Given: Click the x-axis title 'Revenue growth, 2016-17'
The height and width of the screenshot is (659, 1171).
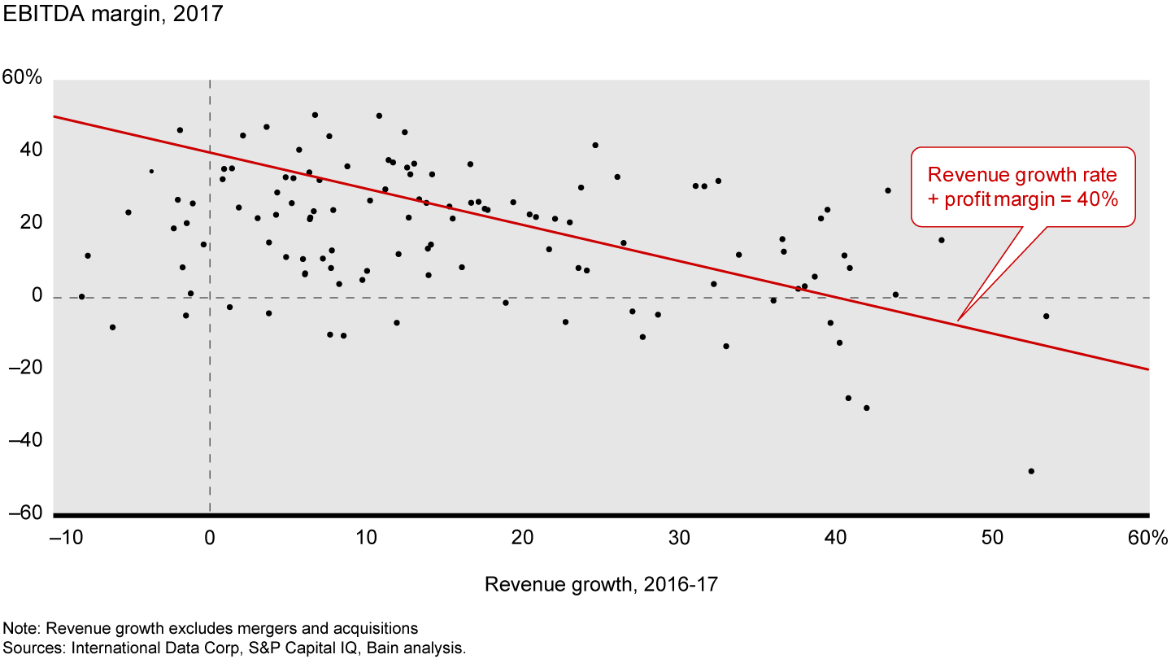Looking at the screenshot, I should [601, 584].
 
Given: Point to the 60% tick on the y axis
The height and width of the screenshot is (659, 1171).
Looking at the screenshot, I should [22, 79].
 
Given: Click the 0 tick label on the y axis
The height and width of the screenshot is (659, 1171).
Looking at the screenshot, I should [36, 296].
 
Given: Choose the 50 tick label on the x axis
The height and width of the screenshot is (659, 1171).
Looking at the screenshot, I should [992, 538].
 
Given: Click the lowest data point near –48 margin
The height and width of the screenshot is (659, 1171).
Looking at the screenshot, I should [1031, 471].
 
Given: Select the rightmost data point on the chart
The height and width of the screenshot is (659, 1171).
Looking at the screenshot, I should [1046, 316].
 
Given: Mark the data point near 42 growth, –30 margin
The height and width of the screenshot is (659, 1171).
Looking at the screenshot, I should [866, 408].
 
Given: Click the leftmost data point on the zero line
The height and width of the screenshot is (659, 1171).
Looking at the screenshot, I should [81, 296].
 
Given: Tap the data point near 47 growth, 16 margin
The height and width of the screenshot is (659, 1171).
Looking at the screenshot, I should [941, 240].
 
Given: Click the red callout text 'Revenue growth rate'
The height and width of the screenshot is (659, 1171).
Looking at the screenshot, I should [1022, 175].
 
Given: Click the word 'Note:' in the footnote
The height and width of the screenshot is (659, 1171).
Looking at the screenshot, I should [20, 629].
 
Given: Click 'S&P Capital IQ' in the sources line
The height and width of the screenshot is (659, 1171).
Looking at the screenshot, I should [313, 648].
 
